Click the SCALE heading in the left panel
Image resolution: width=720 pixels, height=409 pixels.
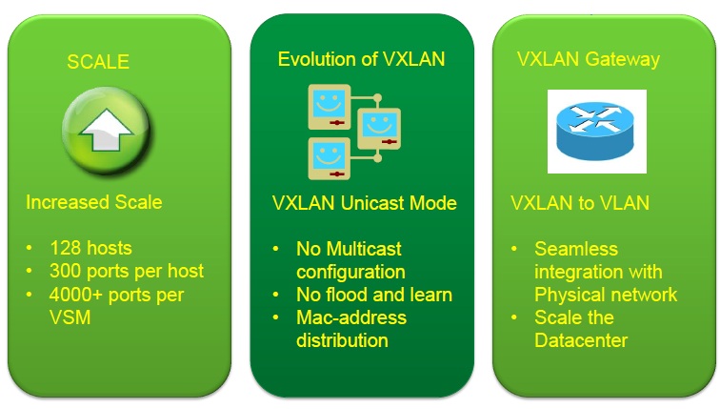(97, 63)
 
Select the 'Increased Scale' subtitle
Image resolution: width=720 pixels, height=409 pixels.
(93, 202)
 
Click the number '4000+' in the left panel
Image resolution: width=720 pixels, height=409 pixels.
(75, 294)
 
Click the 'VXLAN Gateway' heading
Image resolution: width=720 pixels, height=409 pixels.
(589, 59)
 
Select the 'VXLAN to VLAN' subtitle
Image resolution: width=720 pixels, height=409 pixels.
(580, 203)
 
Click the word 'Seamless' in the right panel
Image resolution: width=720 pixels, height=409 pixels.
(576, 249)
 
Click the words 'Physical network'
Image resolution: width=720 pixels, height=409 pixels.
(605, 294)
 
